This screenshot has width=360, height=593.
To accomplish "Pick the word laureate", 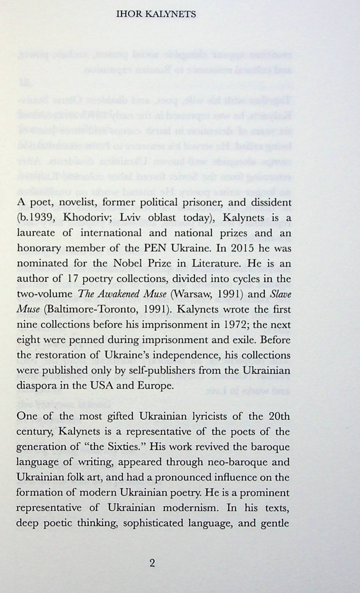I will [34, 233].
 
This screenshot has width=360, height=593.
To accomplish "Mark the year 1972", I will [230, 324].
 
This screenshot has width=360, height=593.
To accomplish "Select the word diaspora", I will [34, 385].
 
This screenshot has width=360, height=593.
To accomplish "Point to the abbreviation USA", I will [101, 385].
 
